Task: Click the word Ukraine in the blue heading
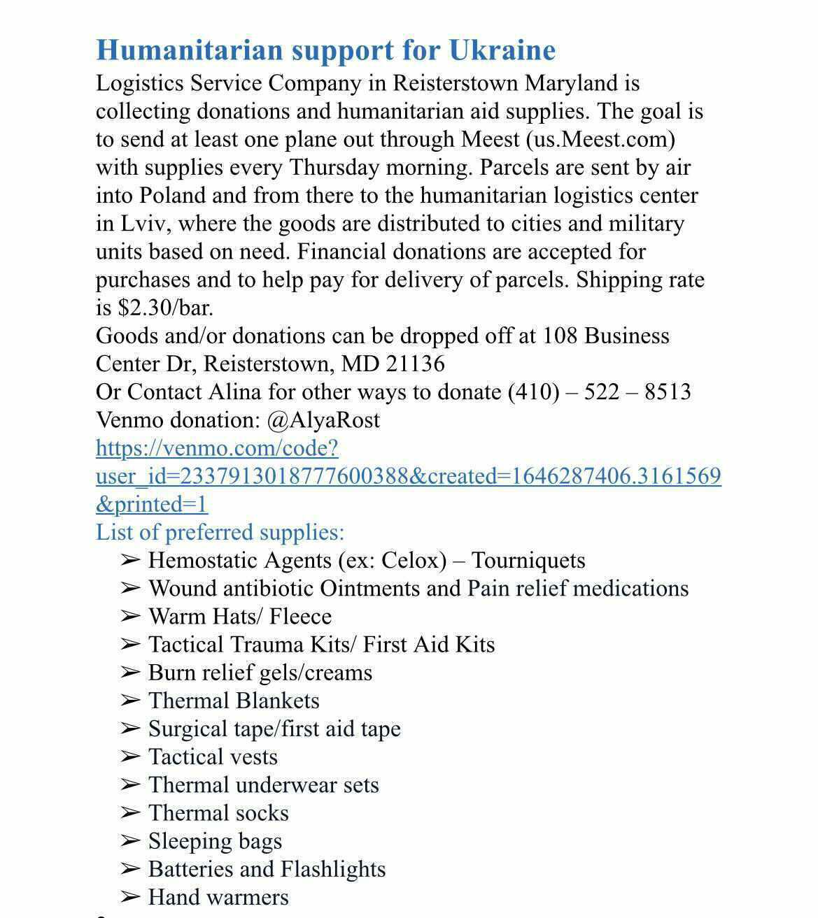pyautogui.click(x=502, y=50)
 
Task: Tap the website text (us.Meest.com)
pyautogui.click(x=600, y=139)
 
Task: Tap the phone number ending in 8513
pyautogui.click(x=600, y=392)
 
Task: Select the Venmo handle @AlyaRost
pyautogui.click(x=323, y=419)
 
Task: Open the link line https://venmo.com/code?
pyautogui.click(x=217, y=447)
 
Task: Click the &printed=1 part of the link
pyautogui.click(x=152, y=504)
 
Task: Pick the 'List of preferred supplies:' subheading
pyautogui.click(x=220, y=532)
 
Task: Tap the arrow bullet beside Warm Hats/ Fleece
pyautogui.click(x=130, y=616)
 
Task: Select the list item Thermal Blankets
pyautogui.click(x=234, y=701)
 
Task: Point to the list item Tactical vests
pyautogui.click(x=213, y=756)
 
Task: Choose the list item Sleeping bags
pyautogui.click(x=215, y=841)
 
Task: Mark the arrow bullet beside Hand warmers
pyautogui.click(x=130, y=897)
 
